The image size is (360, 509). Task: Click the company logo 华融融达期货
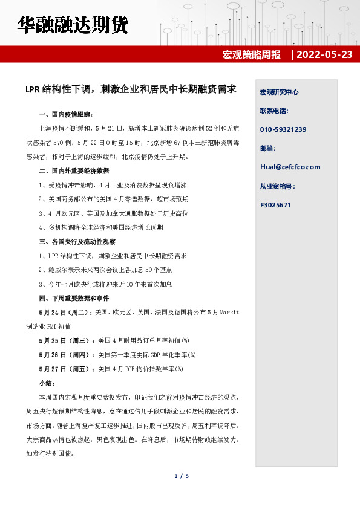pyautogui.click(x=73, y=26)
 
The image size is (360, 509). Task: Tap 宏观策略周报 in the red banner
pyautogui.click(x=252, y=54)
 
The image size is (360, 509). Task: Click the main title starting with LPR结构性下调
pyautogui.click(x=130, y=89)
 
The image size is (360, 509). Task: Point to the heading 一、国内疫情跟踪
pyautogui.click(x=66, y=114)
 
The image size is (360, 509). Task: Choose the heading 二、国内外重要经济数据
pyautogui.click(x=74, y=171)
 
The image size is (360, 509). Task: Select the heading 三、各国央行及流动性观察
pyautogui.click(x=76, y=241)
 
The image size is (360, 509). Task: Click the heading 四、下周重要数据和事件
pyautogui.click(x=74, y=298)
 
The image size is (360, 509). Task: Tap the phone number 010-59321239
pyautogui.click(x=283, y=129)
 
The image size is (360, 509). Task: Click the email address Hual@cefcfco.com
pyautogui.click(x=290, y=167)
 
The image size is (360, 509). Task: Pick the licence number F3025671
pyautogui.click(x=275, y=205)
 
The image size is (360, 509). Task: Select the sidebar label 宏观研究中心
pyautogui.click(x=279, y=92)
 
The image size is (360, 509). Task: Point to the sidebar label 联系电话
pyautogui.click(x=274, y=111)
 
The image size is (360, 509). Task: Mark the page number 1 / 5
pyautogui.click(x=182, y=476)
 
